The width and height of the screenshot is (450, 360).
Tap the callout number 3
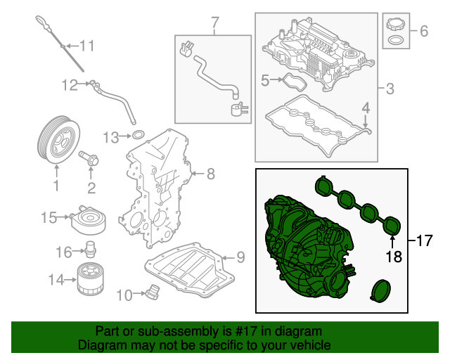(x=390, y=89)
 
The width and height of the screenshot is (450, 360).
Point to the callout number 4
(x=366, y=108)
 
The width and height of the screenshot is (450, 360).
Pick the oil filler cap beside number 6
(x=395, y=32)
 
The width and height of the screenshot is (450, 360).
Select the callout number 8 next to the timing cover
(x=210, y=172)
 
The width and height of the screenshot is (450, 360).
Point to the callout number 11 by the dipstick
(x=86, y=46)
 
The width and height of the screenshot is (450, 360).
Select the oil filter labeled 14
(x=89, y=279)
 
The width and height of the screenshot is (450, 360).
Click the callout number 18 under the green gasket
(x=393, y=257)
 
